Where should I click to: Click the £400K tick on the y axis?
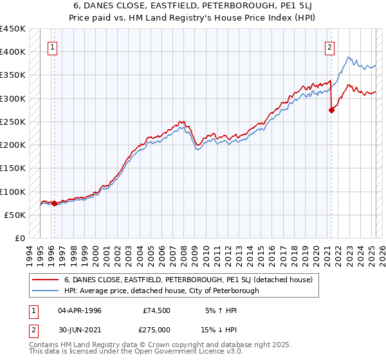[13, 51]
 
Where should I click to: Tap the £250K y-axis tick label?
[13, 122]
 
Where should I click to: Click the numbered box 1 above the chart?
[52, 46]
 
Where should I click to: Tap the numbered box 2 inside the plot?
[329, 46]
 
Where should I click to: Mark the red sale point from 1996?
[54, 204]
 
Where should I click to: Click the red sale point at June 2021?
[332, 110]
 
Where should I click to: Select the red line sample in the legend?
[45, 280]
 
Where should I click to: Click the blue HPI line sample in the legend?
[45, 291]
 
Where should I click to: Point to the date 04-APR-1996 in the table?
[79, 311]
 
